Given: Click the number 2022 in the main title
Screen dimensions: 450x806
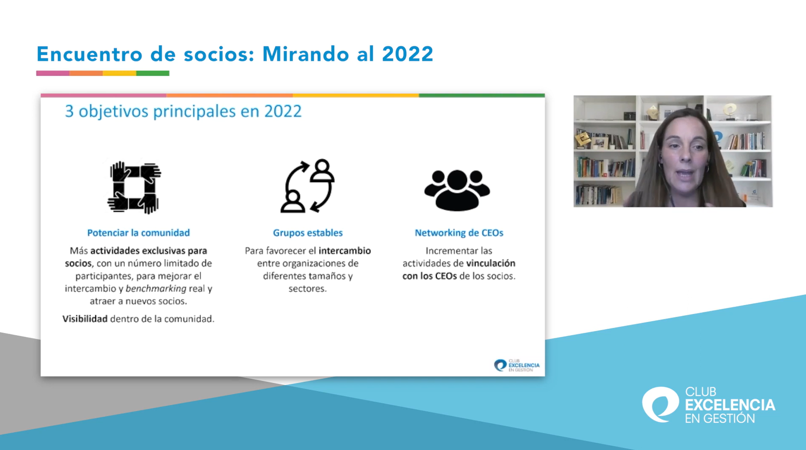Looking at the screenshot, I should pyautogui.click(x=407, y=54).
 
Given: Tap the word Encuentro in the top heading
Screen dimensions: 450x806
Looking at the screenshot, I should pyautogui.click(x=90, y=54).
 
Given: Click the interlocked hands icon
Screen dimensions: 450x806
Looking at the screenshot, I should pyautogui.click(x=134, y=187).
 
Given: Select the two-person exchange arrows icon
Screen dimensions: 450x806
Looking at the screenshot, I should pyautogui.click(x=307, y=186).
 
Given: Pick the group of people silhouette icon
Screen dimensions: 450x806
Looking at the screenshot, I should pyautogui.click(x=457, y=190).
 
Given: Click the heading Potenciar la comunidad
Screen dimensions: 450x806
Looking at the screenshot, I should pyautogui.click(x=138, y=233).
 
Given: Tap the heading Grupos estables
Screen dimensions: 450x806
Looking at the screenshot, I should pyautogui.click(x=308, y=233).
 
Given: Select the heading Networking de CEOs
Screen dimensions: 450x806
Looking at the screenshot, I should pyautogui.click(x=459, y=233).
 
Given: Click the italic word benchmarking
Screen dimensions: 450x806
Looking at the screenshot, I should pyautogui.click(x=156, y=288).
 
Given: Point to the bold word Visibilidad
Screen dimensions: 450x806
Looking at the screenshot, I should pyautogui.click(x=85, y=319).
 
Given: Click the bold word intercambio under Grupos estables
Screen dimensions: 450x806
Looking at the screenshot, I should pyautogui.click(x=345, y=250).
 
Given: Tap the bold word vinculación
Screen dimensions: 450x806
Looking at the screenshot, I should pyautogui.click(x=490, y=263).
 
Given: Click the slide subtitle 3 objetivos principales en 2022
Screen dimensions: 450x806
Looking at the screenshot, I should pyautogui.click(x=183, y=111).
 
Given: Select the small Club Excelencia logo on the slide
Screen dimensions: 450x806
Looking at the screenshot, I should pyautogui.click(x=516, y=365).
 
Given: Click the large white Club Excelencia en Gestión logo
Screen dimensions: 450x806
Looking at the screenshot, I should pyautogui.click(x=708, y=405).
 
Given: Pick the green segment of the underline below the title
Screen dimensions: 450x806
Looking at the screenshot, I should pyautogui.click(x=153, y=73).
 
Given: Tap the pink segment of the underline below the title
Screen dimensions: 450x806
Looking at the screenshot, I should pyautogui.click(x=53, y=73).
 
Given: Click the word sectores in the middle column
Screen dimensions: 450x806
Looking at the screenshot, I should pyautogui.click(x=307, y=288).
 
